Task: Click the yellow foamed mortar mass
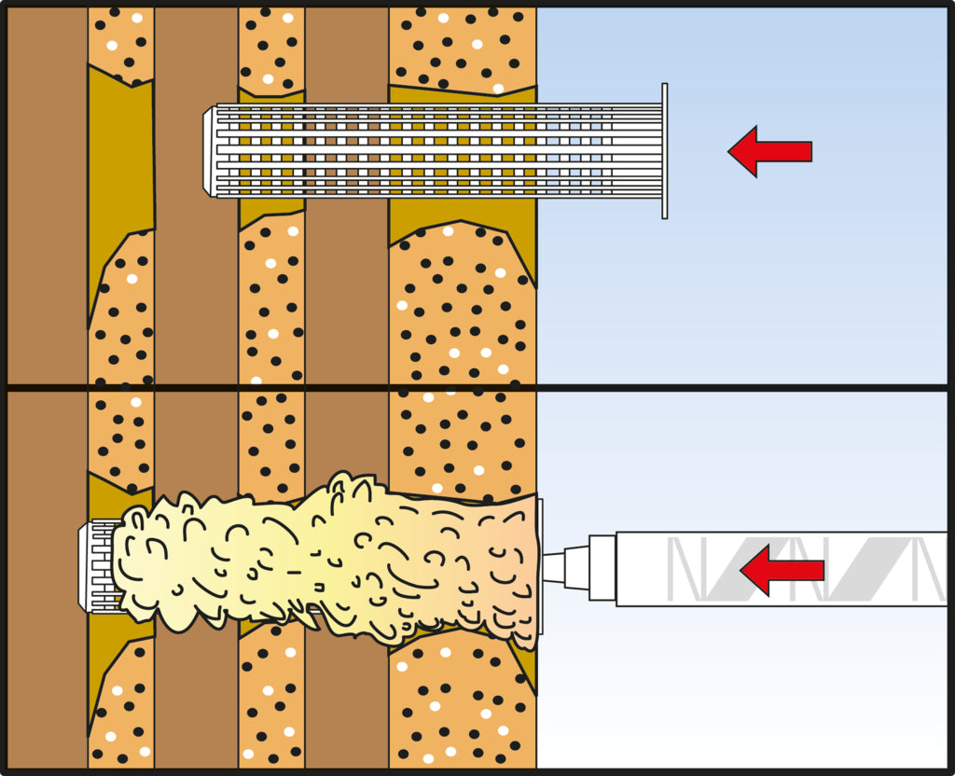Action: coord(326,560)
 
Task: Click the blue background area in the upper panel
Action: coord(746,280)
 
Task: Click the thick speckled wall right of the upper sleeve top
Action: coord(462,47)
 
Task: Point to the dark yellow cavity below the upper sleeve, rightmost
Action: coord(462,219)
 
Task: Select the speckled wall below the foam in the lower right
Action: coord(457,709)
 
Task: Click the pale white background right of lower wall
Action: coord(746,690)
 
